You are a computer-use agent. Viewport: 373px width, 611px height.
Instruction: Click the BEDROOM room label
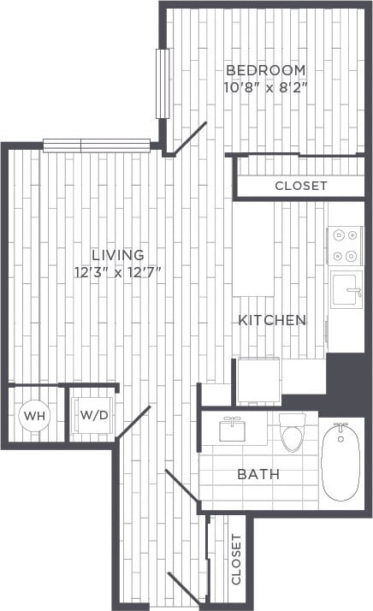(264, 69)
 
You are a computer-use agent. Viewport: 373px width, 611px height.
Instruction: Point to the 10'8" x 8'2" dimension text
(264, 86)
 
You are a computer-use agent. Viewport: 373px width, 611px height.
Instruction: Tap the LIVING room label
(118, 255)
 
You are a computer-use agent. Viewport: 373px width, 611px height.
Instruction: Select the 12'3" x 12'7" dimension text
(118, 272)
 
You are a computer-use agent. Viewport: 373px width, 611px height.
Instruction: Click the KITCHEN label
(271, 320)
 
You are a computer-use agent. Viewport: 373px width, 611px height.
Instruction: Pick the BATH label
(258, 474)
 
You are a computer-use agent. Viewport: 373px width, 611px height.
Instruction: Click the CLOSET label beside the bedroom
(300, 186)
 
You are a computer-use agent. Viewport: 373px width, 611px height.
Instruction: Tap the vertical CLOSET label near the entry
(236, 560)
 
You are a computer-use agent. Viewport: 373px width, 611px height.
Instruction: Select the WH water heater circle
(34, 415)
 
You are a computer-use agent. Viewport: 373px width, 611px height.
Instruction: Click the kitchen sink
(346, 288)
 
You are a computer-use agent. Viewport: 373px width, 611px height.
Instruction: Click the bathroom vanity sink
(232, 430)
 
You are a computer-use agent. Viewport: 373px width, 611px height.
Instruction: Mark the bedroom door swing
(190, 139)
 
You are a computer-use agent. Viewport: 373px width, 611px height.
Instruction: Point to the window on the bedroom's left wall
(162, 83)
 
